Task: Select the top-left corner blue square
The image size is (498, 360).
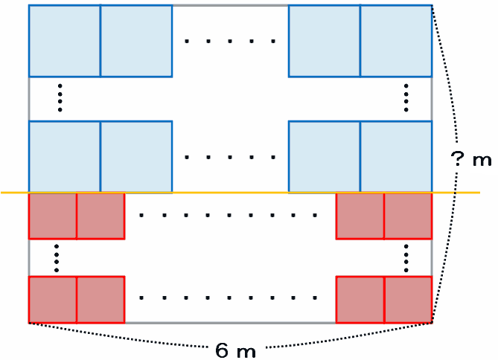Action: click(x=65, y=41)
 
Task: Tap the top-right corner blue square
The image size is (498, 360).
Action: click(x=396, y=41)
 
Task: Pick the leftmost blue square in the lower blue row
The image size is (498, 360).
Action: click(x=65, y=156)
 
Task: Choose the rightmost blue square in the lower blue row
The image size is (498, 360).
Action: click(x=396, y=156)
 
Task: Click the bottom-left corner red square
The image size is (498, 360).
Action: click(x=53, y=300)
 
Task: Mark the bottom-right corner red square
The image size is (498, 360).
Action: click(x=408, y=300)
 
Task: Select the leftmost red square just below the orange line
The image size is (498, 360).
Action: click(x=53, y=216)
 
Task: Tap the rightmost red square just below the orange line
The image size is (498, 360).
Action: click(x=408, y=216)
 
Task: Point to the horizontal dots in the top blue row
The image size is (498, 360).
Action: click(x=230, y=41)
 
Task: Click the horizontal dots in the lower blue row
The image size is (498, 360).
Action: click(x=230, y=157)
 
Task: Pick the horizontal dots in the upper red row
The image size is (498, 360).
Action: click(x=230, y=216)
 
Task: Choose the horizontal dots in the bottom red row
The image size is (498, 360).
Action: click(x=230, y=300)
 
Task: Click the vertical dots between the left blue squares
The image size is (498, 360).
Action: click(x=60, y=98)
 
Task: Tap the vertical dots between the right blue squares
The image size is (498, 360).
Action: click(x=406, y=98)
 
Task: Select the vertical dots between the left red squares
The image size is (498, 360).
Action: click(x=56, y=257)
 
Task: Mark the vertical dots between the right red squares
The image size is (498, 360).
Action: click(x=406, y=257)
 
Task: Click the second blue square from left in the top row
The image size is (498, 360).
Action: click(x=136, y=41)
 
